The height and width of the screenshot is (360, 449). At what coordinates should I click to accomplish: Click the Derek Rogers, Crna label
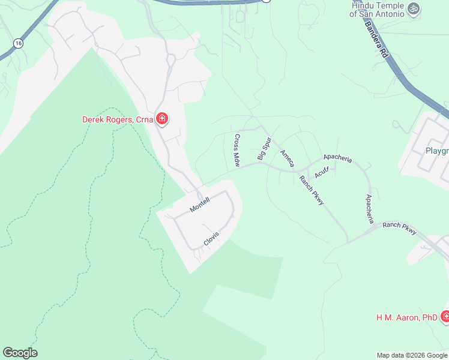(x=118, y=119)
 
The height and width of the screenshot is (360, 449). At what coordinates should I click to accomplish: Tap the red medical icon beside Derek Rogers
(x=161, y=119)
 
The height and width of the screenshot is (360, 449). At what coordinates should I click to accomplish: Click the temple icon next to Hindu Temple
(x=412, y=8)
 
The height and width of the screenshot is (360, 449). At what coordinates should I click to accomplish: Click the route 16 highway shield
(x=19, y=43)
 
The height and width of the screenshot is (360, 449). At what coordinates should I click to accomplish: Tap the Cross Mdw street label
(x=237, y=150)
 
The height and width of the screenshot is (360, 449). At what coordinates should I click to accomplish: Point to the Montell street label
(x=199, y=205)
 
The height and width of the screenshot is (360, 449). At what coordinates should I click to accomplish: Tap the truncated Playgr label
(x=436, y=151)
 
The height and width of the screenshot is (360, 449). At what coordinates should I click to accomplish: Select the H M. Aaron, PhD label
(x=406, y=317)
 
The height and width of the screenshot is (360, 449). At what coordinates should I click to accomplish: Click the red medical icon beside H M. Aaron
(x=445, y=316)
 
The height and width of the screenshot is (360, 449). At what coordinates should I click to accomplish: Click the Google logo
(x=20, y=353)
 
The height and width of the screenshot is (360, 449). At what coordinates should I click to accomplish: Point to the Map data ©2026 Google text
(x=412, y=355)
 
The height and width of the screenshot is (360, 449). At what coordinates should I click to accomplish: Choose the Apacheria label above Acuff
(x=337, y=160)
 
